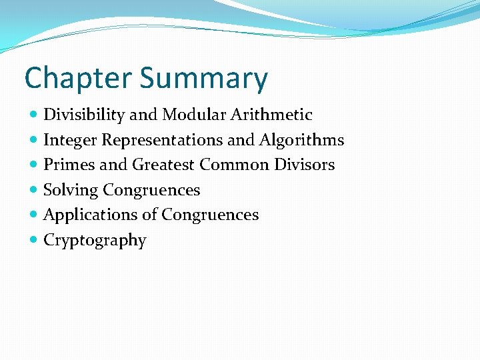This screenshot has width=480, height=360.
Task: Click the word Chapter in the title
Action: coord(77,79)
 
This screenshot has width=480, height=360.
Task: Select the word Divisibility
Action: coord(84,115)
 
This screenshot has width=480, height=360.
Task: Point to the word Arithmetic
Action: coord(271,115)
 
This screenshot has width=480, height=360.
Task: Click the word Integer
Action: coord(69,141)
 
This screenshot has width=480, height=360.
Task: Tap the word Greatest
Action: coord(163,165)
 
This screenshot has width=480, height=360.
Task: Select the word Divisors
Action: coord(303,165)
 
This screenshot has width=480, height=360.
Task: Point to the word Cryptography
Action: coord(95,241)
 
